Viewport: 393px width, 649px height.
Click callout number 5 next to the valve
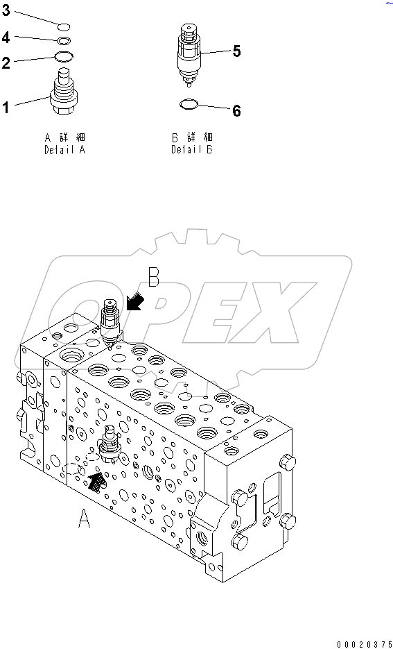(x=236, y=51)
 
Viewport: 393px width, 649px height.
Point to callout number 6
(x=236, y=111)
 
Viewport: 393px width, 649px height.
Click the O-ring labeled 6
(x=189, y=105)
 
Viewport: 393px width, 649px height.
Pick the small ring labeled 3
(x=63, y=27)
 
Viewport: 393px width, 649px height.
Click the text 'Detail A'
(x=65, y=149)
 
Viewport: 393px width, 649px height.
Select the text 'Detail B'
(x=192, y=149)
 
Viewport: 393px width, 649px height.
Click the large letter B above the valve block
(x=155, y=279)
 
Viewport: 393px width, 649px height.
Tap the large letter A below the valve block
(x=85, y=518)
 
